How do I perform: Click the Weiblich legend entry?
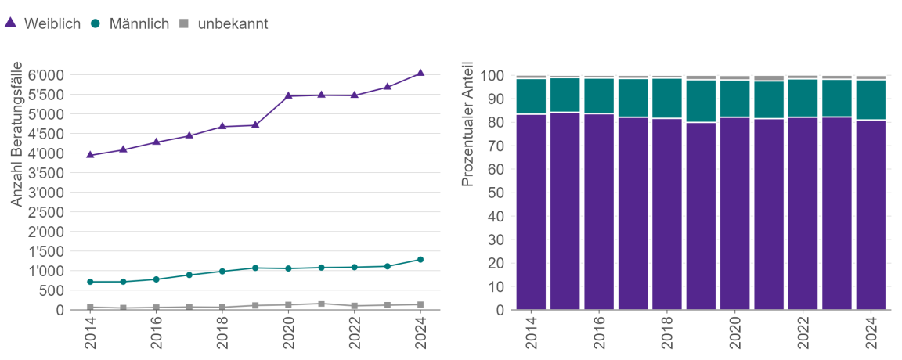[x=43, y=23]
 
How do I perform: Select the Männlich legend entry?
[x=131, y=23]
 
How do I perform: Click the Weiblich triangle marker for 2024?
[x=420, y=73]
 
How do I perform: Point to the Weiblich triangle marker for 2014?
[x=90, y=155]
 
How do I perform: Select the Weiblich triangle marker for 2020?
[x=288, y=95]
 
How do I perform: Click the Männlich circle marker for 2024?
[x=420, y=260]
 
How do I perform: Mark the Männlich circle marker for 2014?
[x=90, y=282]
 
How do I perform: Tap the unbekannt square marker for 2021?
[x=321, y=304]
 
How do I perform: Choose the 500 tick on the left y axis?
[x=52, y=290]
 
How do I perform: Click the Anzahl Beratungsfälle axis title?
[x=16, y=135]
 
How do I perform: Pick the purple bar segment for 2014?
[x=531, y=211]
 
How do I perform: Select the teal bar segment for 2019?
[x=701, y=101]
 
